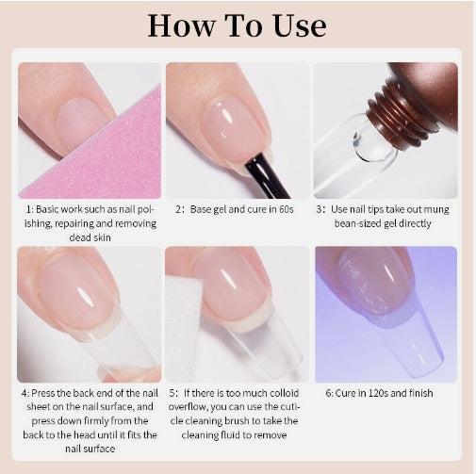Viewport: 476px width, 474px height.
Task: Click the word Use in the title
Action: click(300, 25)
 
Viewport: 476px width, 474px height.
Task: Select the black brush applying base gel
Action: click(267, 175)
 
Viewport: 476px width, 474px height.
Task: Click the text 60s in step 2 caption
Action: click(286, 209)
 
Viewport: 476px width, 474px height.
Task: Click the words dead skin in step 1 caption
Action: click(90, 237)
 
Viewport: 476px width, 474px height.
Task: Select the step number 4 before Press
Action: click(25, 393)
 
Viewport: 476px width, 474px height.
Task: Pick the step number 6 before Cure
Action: click(329, 393)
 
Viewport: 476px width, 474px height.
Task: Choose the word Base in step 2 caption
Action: click(201, 209)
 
